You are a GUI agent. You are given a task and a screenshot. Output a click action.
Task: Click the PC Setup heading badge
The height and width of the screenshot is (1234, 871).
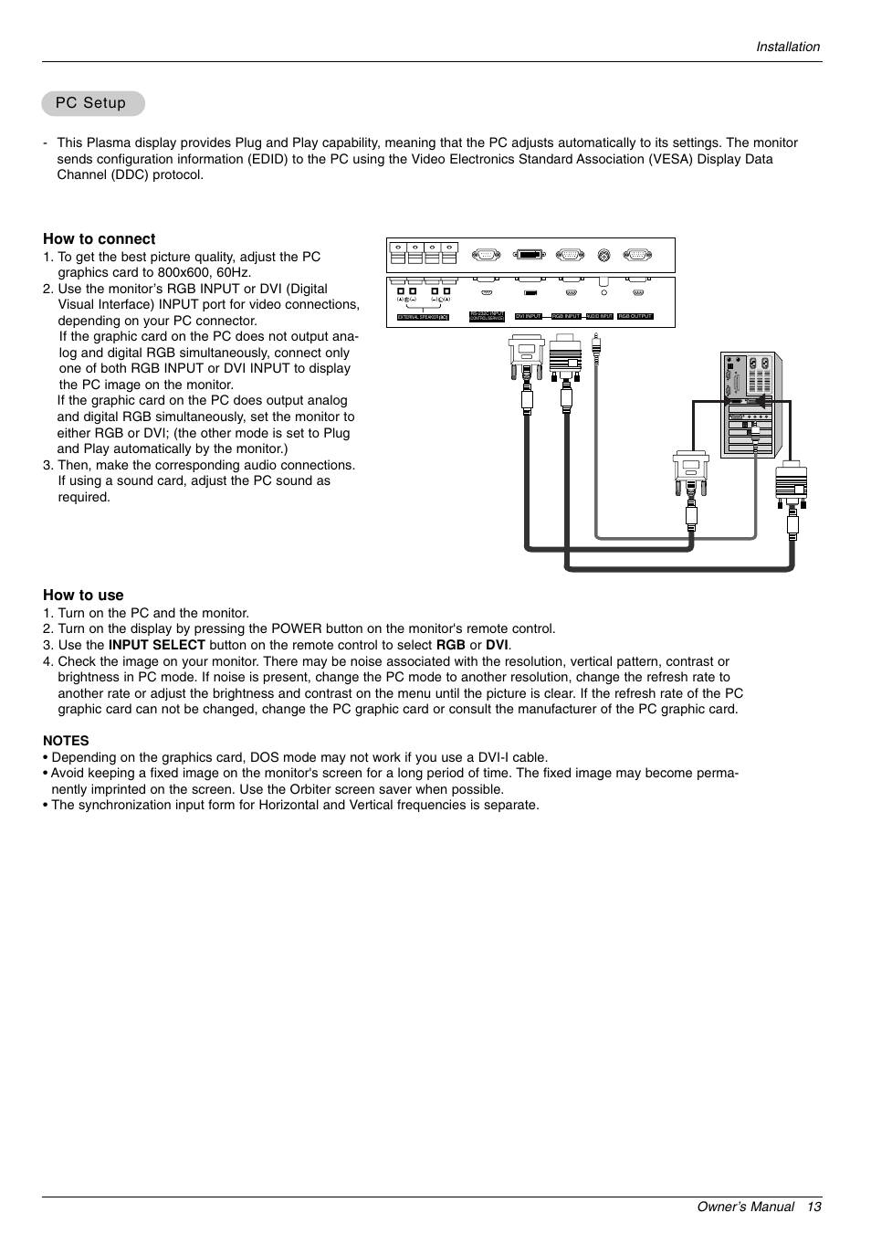pyautogui.click(x=92, y=103)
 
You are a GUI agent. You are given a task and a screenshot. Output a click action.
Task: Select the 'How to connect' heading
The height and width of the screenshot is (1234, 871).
pyautogui.click(x=99, y=239)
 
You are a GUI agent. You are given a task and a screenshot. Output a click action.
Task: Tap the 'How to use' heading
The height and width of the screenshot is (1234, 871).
pyautogui.click(x=83, y=595)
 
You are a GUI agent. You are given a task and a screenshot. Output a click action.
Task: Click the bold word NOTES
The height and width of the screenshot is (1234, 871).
pyautogui.click(x=66, y=741)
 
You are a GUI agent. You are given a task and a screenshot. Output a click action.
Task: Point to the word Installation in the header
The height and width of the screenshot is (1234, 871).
pyautogui.click(x=787, y=47)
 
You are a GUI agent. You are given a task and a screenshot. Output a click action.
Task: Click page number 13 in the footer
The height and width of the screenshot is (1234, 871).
pyautogui.click(x=813, y=1207)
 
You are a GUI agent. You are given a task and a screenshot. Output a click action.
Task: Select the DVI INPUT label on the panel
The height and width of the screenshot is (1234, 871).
pyautogui.click(x=529, y=316)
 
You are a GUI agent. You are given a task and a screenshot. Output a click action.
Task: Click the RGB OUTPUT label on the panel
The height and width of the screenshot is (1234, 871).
pyautogui.click(x=635, y=316)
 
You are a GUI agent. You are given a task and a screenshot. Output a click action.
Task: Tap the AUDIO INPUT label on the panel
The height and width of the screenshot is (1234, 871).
pyautogui.click(x=599, y=316)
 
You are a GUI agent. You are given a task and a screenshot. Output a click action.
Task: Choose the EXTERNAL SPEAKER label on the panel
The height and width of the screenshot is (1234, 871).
pyautogui.click(x=423, y=317)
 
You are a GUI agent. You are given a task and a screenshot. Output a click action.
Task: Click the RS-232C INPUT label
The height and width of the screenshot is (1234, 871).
pyautogui.click(x=487, y=315)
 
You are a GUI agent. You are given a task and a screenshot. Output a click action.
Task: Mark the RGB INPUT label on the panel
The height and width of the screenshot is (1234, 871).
pyautogui.click(x=566, y=316)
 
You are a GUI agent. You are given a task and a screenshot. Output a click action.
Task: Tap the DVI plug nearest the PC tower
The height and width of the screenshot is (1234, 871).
pyautogui.click(x=690, y=474)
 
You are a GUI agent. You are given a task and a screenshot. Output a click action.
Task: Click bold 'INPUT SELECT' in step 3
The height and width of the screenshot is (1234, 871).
pyautogui.click(x=156, y=645)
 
